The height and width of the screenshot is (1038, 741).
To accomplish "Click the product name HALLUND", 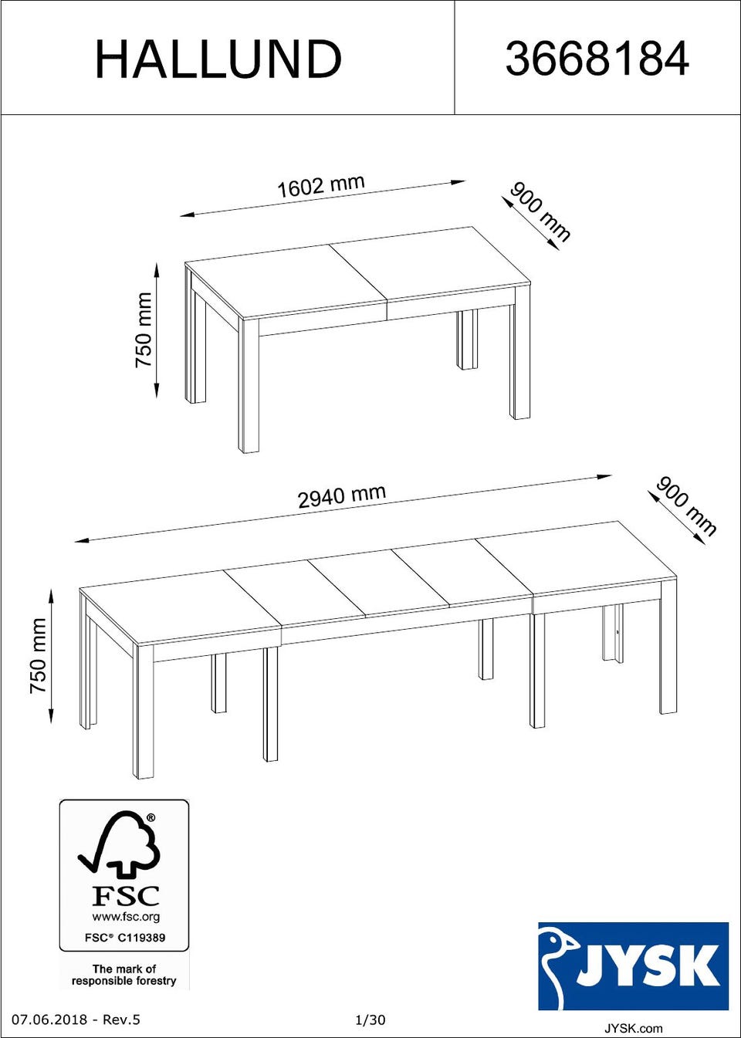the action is [218, 59].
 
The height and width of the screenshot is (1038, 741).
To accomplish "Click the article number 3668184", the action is [597, 59].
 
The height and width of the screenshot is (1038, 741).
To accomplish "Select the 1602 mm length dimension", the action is [320, 185].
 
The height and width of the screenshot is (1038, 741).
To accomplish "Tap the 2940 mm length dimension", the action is [342, 496].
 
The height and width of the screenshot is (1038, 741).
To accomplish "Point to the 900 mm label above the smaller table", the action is [540, 212].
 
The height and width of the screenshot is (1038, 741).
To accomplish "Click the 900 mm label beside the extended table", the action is [686, 506].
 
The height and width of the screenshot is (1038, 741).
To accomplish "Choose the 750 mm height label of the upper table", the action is [144, 330].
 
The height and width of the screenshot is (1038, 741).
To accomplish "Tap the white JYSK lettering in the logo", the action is [648, 962].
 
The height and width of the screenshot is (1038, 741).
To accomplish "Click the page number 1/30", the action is [370, 1020].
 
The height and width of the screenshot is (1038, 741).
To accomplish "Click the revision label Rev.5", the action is [121, 1020].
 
